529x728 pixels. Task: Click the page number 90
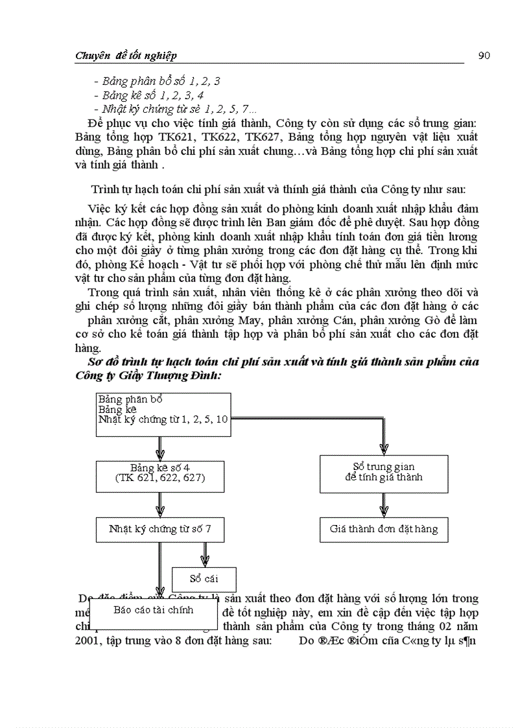click(x=484, y=55)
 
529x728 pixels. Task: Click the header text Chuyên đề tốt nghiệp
click(x=126, y=56)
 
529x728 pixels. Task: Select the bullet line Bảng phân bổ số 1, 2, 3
click(x=157, y=82)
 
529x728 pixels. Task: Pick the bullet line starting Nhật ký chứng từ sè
click(x=175, y=110)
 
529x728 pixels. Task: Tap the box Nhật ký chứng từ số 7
click(x=160, y=529)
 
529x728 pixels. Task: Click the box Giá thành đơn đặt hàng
click(x=384, y=529)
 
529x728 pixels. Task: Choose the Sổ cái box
click(x=204, y=578)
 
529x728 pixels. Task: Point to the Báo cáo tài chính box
click(x=153, y=610)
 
